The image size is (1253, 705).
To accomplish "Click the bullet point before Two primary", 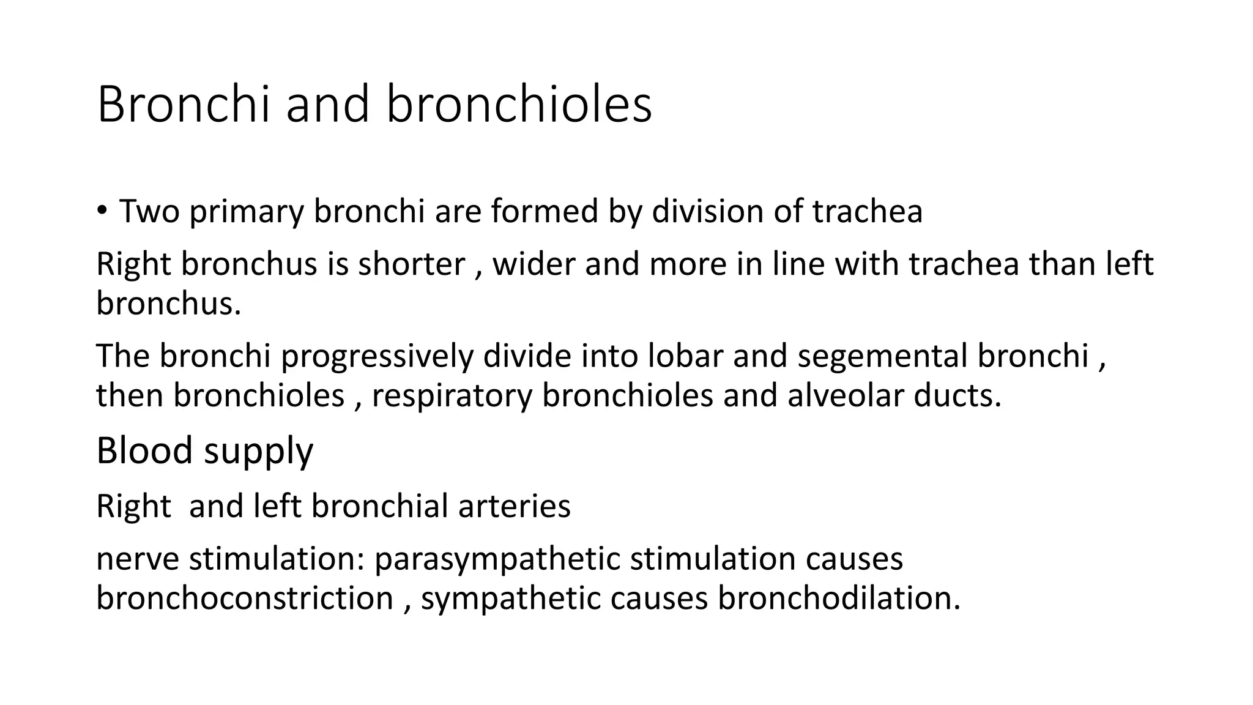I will coord(102,211).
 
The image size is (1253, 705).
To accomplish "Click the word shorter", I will coord(412,264).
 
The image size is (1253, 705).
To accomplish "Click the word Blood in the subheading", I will coord(144,450).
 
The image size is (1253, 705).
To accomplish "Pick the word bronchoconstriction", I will coord(245,598).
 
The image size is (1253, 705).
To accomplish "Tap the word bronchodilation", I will coord(839,598).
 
